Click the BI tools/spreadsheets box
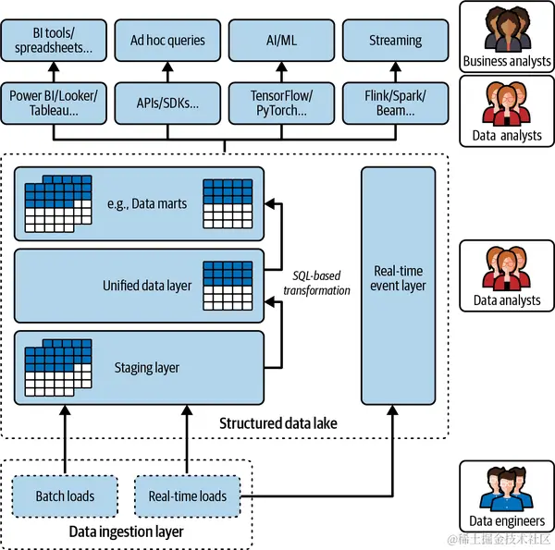tap(53, 41)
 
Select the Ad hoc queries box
tap(167, 41)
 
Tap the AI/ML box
tap(281, 41)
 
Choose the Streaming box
tap(395, 41)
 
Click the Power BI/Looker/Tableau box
tap(53, 103)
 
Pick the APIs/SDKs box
tap(167, 103)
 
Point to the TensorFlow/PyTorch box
tap(281, 103)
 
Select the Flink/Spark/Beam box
tap(395, 103)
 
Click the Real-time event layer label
tap(399, 278)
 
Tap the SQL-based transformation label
tap(317, 283)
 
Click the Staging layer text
tap(148, 368)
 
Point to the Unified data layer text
tap(147, 286)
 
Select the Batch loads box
tap(65, 496)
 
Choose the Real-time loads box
tap(187, 496)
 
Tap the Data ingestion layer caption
tap(126, 532)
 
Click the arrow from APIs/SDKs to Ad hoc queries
tap(167, 72)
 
